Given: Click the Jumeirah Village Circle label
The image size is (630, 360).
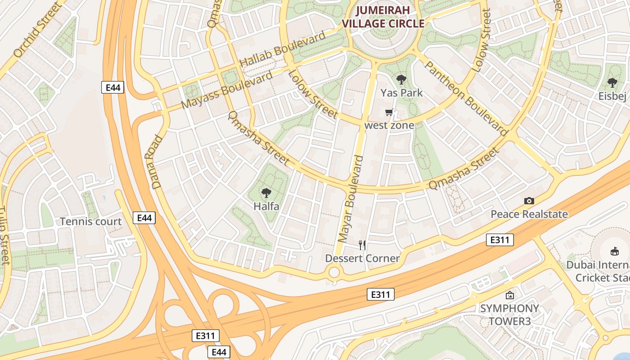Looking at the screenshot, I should (x=383, y=18).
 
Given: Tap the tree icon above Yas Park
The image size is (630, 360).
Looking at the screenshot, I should (x=401, y=80).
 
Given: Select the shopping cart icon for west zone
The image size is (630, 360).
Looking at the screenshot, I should (x=389, y=112).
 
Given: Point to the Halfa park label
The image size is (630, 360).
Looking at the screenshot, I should (x=266, y=207).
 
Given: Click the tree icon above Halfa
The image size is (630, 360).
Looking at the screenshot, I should (x=266, y=193).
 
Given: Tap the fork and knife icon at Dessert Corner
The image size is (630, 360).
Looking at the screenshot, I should (x=362, y=245).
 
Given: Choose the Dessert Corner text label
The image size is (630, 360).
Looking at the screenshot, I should (x=362, y=258).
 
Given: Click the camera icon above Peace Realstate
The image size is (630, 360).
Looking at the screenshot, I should (x=529, y=201).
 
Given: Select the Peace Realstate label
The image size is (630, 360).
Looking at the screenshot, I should (x=529, y=214).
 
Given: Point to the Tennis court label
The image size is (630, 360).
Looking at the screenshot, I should (x=90, y=221).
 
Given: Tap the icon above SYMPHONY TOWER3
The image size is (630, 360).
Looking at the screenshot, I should (x=509, y=296).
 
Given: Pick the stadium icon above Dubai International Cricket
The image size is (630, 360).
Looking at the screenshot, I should (x=614, y=251).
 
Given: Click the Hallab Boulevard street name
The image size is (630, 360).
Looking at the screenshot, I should (x=283, y=50).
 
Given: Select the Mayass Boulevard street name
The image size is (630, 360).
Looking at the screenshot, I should (x=227, y=90).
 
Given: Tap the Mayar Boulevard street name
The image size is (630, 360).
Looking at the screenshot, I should (x=350, y=199).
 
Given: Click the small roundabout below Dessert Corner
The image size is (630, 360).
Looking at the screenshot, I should (x=334, y=272).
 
